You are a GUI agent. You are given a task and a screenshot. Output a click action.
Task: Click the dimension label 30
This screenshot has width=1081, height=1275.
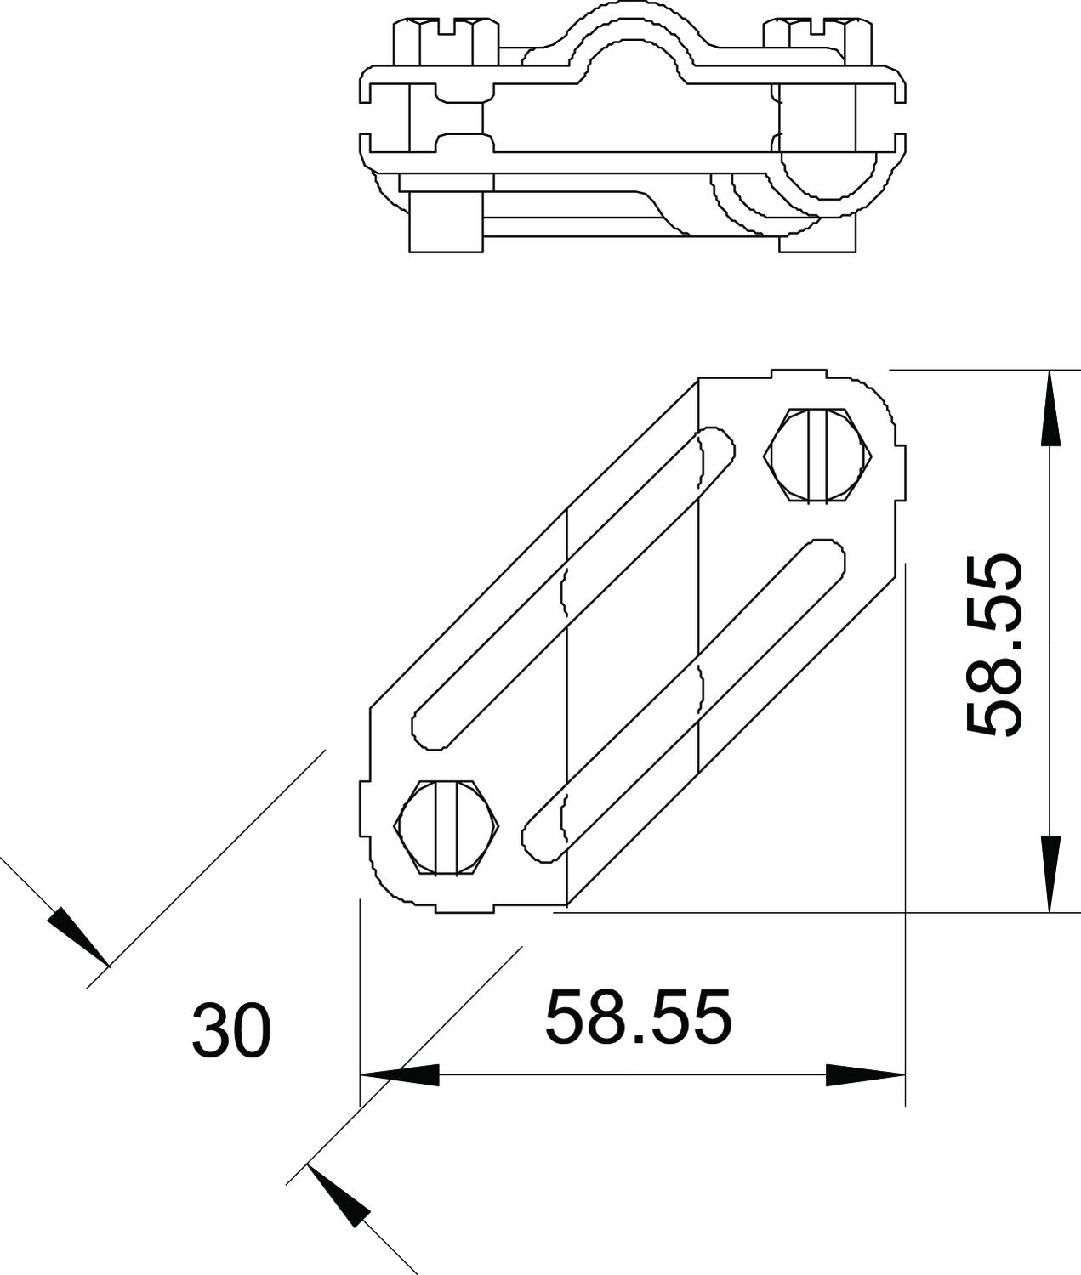click(x=231, y=1030)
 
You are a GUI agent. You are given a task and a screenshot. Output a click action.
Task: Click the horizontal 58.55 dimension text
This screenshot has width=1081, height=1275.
click(x=639, y=1016)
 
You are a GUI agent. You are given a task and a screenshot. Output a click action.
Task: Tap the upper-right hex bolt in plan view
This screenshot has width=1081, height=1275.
click(x=818, y=455)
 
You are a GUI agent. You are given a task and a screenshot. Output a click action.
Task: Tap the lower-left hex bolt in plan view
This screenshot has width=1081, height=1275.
click(x=446, y=827)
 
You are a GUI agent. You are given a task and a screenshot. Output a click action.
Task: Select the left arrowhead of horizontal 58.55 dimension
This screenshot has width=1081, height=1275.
click(x=400, y=1075)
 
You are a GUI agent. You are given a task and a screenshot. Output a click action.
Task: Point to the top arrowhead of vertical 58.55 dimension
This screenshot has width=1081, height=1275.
click(x=1050, y=408)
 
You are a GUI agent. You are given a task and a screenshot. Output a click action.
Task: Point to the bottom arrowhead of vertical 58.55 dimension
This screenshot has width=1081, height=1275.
click(x=1050, y=874)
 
